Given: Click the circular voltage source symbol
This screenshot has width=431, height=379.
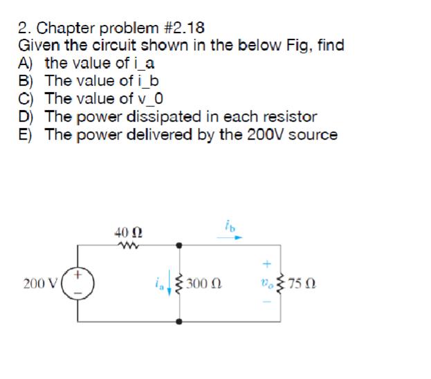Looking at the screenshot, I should pyautogui.click(x=77, y=284).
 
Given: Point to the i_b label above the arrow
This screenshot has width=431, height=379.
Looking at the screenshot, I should pyautogui.click(x=230, y=224).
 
